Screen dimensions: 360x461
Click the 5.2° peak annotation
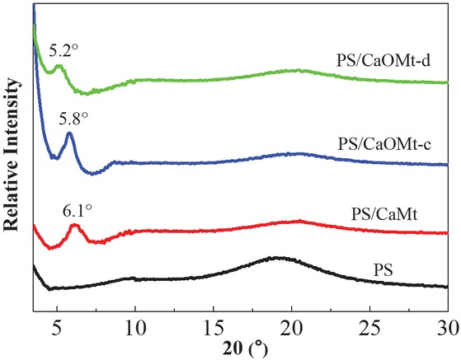click(64, 49)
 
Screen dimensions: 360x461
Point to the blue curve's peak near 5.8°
click(69, 133)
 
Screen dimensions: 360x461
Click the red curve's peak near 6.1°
click(74, 225)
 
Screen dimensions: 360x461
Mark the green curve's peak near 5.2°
click(59, 66)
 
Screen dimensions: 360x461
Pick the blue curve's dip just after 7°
click(96, 173)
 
